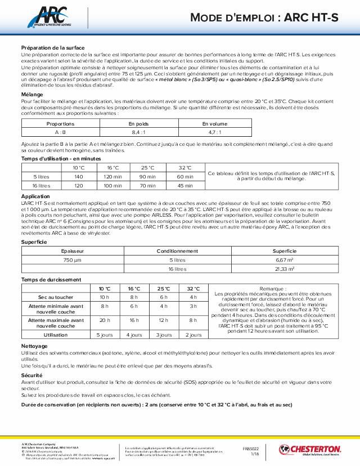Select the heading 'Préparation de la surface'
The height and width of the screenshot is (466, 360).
(x=52, y=48)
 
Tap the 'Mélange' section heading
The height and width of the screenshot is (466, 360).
(x=31, y=94)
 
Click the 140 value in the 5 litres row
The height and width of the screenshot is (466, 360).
(x=78, y=177)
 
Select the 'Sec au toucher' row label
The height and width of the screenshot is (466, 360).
(x=56, y=297)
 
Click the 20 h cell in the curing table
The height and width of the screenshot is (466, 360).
(x=105, y=320)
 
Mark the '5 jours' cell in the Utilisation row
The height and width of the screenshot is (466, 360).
(x=105, y=335)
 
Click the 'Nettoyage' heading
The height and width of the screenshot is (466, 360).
(x=34, y=346)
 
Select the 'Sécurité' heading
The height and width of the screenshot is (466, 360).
(x=32, y=374)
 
